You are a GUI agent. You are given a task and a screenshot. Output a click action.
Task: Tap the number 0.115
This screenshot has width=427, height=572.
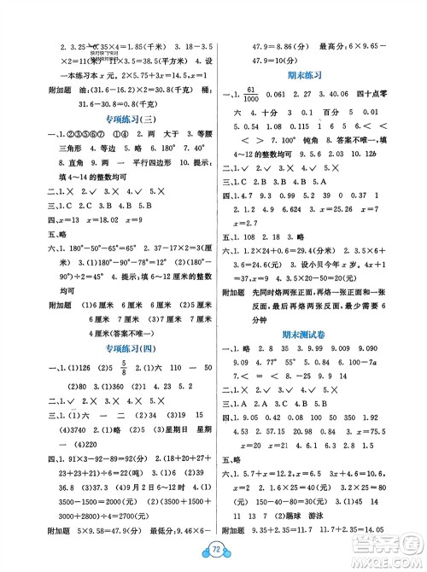pyautogui.click(x=278, y=124)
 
